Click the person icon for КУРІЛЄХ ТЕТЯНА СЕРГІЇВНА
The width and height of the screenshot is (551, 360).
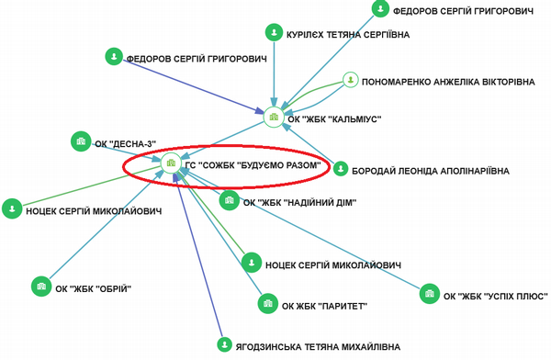coord(274,33)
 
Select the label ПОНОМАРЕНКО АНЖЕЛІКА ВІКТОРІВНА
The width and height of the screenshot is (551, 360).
coord(448,83)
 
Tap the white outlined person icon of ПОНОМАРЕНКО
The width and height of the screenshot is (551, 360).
coord(351,80)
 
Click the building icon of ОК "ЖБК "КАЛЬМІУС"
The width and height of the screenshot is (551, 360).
coord(274,117)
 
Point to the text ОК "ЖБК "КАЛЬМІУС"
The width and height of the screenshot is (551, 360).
coord(334,119)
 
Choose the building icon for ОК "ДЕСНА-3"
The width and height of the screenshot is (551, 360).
coord(81,141)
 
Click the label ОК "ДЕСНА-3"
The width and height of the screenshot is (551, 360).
coord(126,144)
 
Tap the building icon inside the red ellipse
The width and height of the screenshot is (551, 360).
coord(171,163)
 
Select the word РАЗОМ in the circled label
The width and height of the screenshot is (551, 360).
coord(304,165)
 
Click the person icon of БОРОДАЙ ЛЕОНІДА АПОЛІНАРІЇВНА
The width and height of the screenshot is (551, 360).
coord(341,169)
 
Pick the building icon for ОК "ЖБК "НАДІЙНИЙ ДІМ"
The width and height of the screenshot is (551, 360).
coord(230,200)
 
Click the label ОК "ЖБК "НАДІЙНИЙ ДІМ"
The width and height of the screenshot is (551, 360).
coord(299,203)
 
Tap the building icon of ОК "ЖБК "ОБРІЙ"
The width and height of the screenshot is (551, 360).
coord(41,287)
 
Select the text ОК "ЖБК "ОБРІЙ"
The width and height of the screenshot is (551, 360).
coord(94,289)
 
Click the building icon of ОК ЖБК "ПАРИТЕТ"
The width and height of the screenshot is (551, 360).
coord(268,303)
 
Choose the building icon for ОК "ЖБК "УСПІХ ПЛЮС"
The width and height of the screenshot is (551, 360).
coord(430,294)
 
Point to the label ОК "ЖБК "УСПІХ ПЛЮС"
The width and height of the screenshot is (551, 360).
coord(496,297)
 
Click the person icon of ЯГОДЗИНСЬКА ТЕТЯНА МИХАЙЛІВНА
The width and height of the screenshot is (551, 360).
coord(224,344)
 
